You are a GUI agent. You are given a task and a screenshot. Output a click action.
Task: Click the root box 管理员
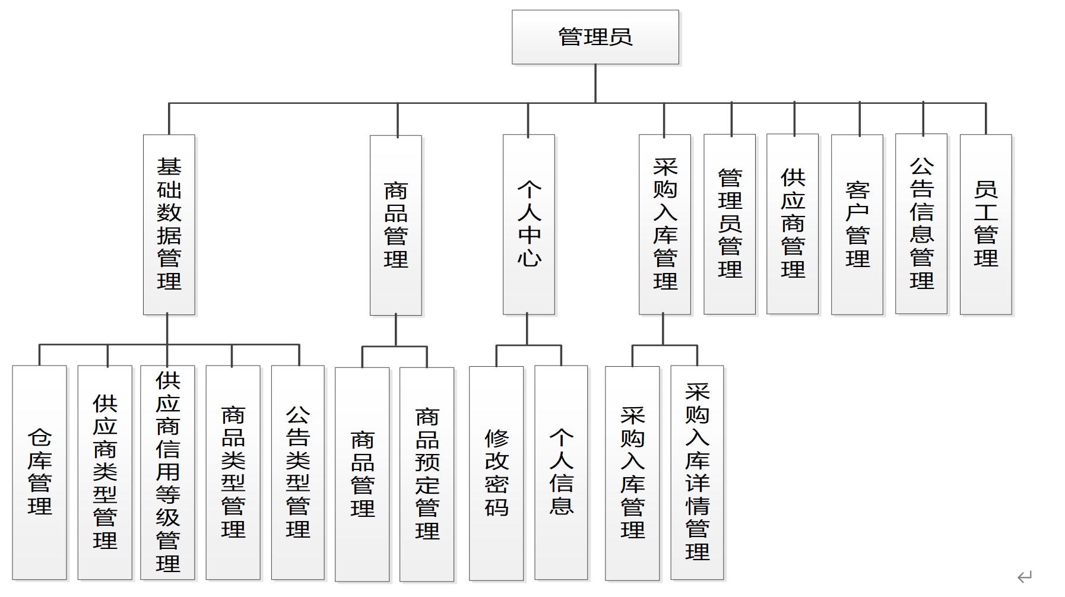595,37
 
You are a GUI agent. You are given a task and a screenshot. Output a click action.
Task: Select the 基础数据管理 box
169,224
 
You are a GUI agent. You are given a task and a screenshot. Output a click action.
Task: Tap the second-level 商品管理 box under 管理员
395,225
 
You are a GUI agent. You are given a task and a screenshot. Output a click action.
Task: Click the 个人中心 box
528,224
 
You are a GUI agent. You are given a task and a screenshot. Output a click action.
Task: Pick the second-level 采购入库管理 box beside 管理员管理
664,224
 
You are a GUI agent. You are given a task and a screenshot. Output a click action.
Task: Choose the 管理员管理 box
729,224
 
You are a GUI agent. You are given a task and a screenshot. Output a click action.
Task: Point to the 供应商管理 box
792,224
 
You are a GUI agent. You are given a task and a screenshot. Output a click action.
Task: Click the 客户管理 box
857,224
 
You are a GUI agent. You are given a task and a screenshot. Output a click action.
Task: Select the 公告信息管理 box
921,224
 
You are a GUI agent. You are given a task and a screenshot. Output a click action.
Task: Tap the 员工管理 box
985,224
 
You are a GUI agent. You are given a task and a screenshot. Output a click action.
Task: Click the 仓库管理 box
39,472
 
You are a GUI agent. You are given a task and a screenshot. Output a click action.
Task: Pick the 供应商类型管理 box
104,472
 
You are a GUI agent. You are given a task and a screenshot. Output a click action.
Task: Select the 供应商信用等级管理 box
167,472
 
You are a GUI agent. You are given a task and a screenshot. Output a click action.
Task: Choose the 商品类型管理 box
233,472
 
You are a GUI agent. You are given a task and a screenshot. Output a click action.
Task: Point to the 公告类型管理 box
297,472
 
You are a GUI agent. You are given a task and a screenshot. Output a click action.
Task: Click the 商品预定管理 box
426,474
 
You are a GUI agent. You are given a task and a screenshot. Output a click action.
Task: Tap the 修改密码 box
496,473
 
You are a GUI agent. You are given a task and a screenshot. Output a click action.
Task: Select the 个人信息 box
560,472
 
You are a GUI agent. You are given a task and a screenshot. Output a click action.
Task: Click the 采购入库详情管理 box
696,472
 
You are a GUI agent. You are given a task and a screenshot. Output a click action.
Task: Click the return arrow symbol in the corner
1024,576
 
